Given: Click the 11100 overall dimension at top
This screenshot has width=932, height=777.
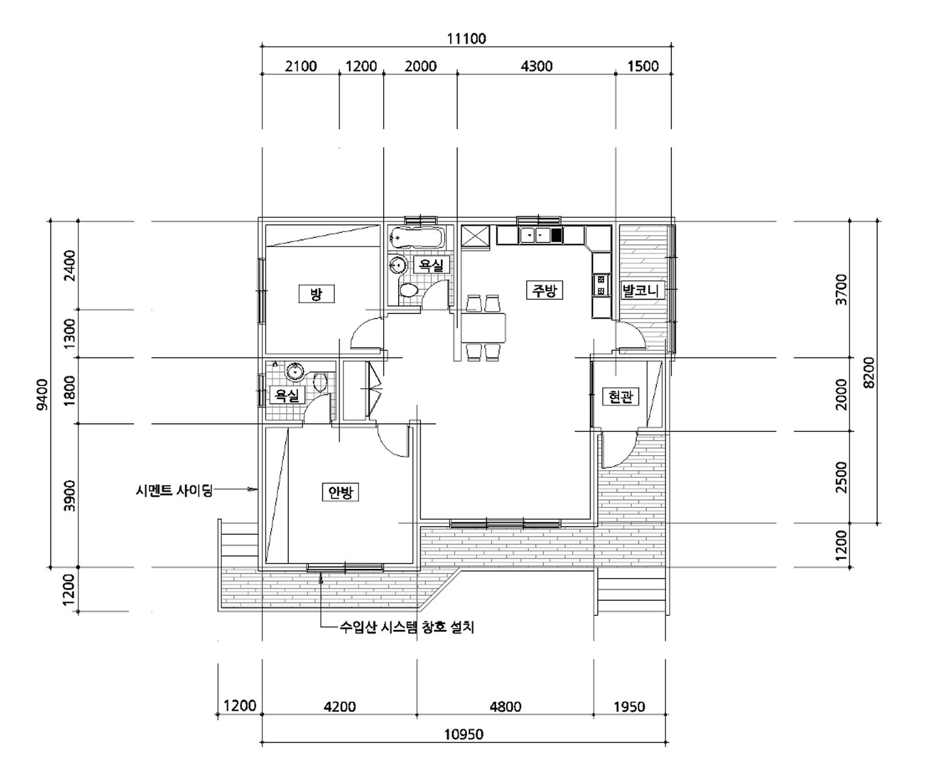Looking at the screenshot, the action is tap(466, 39).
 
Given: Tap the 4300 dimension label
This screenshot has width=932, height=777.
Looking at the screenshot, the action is tap(537, 66).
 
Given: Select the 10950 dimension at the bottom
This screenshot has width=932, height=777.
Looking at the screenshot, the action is tap(464, 734).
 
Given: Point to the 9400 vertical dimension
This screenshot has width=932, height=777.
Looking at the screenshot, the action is tap(42, 394).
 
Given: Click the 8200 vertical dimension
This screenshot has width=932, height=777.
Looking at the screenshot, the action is tap(869, 373).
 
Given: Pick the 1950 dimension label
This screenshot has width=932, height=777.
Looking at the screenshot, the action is tap(630, 707).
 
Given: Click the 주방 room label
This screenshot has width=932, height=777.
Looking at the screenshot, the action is tap(544, 291).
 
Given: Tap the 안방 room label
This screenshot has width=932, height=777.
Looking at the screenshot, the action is tap(340, 492).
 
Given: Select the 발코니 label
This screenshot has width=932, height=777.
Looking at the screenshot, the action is tap(641, 291).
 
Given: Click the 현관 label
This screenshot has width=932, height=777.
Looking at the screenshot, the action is tap(620, 397).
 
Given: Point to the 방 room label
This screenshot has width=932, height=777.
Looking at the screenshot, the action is tap(317, 294).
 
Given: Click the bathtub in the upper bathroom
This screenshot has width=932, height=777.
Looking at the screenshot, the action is tap(416, 237).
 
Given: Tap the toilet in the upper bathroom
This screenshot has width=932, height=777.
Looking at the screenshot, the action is tap(408, 291).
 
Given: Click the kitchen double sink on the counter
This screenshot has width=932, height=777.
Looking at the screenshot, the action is tap(535, 235).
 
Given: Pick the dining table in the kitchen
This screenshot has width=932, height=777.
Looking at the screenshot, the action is tap(483, 328).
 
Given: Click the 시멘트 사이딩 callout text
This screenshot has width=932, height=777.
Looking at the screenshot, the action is tap(174, 490).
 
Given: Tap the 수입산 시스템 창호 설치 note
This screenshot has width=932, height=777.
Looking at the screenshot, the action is tap(406, 627).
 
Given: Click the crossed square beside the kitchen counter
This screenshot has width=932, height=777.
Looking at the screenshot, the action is tap(476, 235).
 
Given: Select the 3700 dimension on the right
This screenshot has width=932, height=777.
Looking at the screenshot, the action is tap(842, 289).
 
